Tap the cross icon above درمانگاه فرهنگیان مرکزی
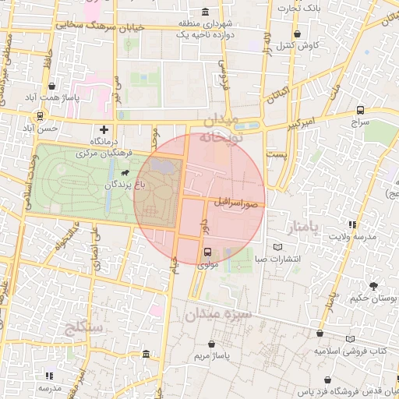104,129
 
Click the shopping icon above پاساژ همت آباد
52,86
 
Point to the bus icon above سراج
359,110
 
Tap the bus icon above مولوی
207,251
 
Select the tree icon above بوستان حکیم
373,286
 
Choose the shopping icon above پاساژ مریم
212,343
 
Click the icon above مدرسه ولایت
353,224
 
